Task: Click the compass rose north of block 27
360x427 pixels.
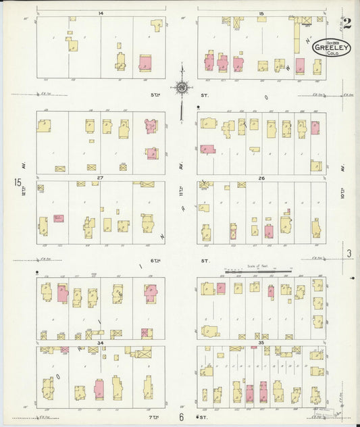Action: [182, 86]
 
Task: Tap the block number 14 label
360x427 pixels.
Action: [100, 14]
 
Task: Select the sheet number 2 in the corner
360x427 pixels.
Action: [346, 24]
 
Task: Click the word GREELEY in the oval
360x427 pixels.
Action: [331, 47]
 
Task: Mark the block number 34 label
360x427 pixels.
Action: [99, 343]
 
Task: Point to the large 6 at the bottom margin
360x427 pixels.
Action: [182, 417]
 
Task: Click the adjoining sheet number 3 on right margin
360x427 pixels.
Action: [349, 253]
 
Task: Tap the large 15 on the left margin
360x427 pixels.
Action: [16, 182]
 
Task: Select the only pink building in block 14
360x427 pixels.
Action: [145, 63]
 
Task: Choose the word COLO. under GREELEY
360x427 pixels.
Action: [332, 54]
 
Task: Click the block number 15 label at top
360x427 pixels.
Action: [261, 14]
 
